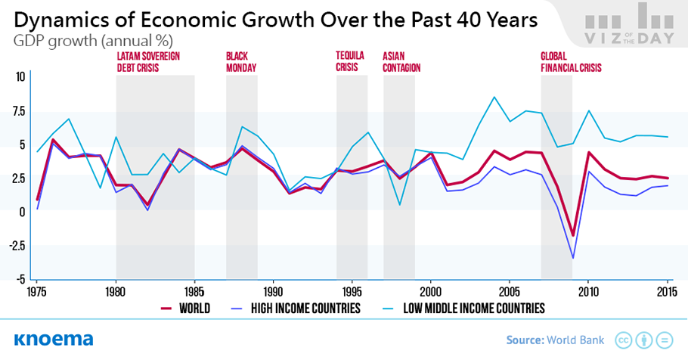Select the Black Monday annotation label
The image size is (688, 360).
pyautogui.click(x=241, y=62)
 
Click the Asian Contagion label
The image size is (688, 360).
pyautogui.click(x=401, y=62)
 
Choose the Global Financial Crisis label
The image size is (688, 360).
pyautogui.click(x=571, y=62)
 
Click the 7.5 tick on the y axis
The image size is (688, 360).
pyautogui.click(x=16, y=110)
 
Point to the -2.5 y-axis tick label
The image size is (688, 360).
pyautogui.click(x=14, y=245)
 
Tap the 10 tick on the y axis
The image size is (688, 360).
pyautogui.click(x=20, y=76)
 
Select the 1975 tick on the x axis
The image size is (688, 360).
pyautogui.click(x=37, y=291)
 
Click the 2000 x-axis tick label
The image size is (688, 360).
pyautogui.click(x=430, y=291)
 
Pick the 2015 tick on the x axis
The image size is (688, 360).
pyautogui.click(x=666, y=291)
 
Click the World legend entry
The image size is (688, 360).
pyautogui.click(x=185, y=309)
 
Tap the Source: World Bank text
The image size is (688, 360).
pyautogui.click(x=555, y=340)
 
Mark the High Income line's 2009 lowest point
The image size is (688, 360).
pyautogui.click(x=573, y=259)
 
